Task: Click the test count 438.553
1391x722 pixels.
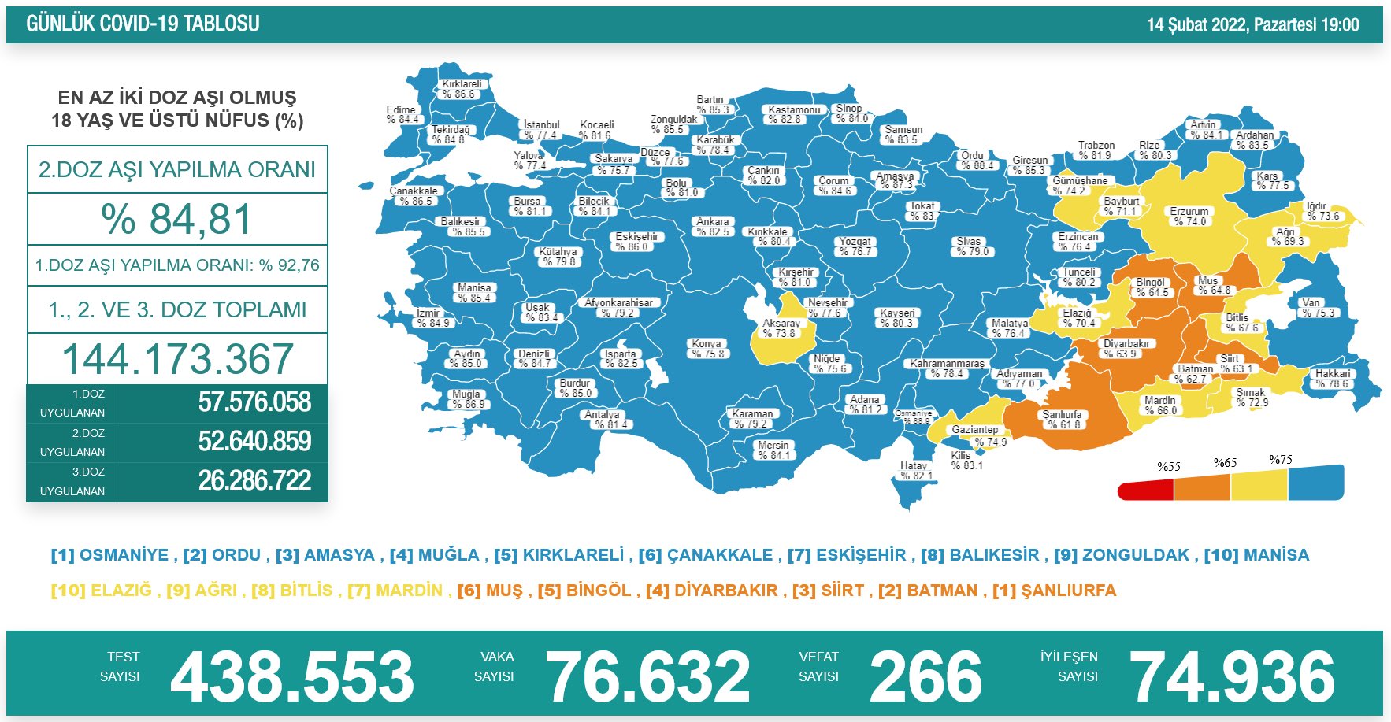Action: (x=291, y=676)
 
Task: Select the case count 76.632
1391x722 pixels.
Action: (x=647, y=676)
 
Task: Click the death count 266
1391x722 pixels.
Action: (x=925, y=676)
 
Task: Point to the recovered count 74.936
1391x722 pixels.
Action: (x=1232, y=676)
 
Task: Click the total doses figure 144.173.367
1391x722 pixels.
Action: (x=178, y=359)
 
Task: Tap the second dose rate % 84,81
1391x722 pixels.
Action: (x=177, y=219)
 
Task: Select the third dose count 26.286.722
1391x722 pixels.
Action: (x=254, y=480)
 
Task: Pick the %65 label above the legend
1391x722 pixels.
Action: (x=1225, y=463)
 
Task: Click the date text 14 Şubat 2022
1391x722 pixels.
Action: (x=1197, y=24)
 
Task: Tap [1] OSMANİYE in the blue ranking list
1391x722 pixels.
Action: (x=109, y=555)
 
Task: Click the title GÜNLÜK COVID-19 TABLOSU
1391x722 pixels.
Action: (x=143, y=24)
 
